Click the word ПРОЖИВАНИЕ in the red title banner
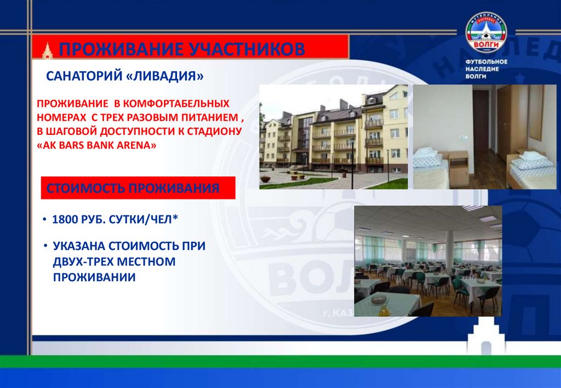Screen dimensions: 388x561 click(120, 49)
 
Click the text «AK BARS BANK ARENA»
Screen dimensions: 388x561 click(97, 146)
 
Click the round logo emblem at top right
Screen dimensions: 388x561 click(486, 33)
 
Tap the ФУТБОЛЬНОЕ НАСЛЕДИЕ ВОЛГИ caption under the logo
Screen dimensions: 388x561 click(486, 70)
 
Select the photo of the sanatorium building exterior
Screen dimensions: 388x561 click(334, 137)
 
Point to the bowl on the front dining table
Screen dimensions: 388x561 click(379, 299)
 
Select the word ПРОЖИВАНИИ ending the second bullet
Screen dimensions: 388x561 click(94, 278)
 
